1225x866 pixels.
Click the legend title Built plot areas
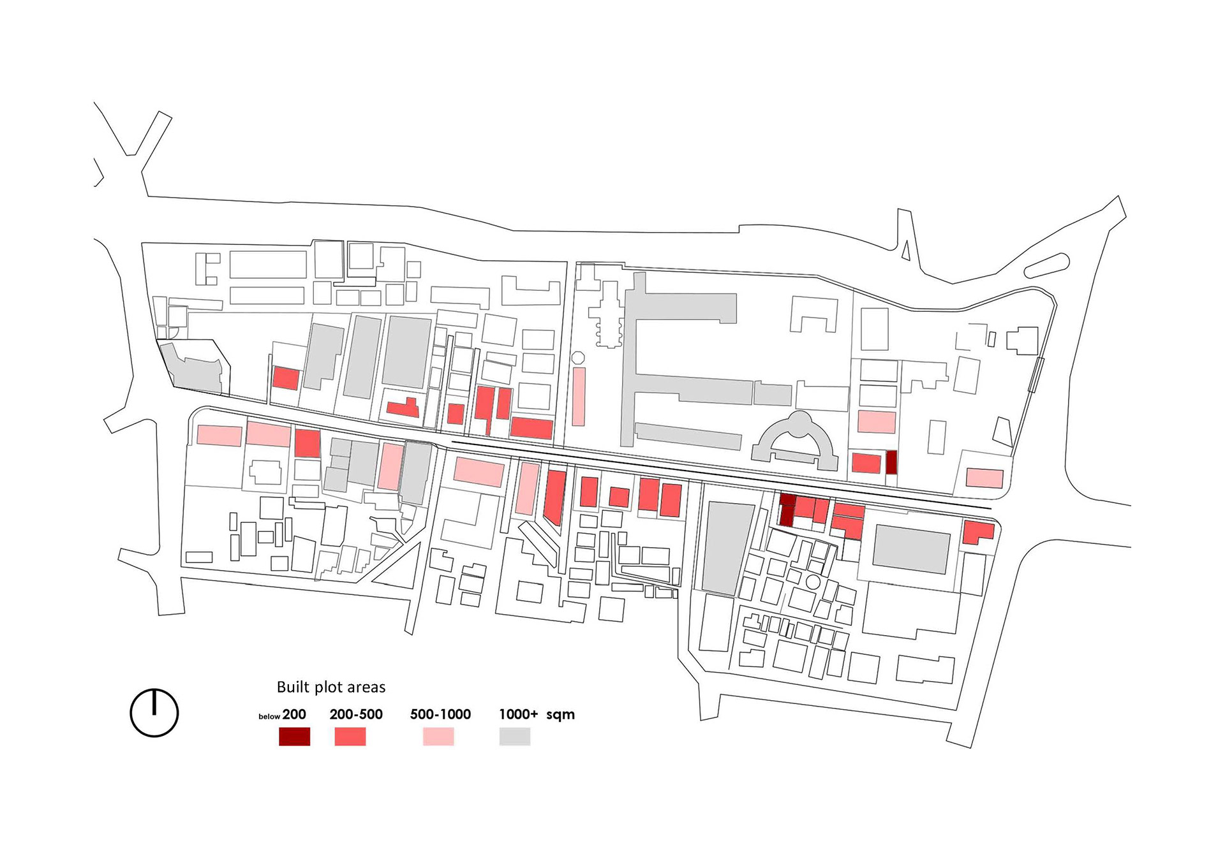pyautogui.click(x=330, y=687)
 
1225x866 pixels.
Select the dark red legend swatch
pyautogui.click(x=294, y=737)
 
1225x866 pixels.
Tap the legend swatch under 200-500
pyautogui.click(x=350, y=737)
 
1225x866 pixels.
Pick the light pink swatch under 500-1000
pyautogui.click(x=438, y=737)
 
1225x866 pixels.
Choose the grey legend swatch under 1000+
pyautogui.click(x=514, y=737)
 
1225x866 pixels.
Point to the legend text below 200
pyautogui.click(x=282, y=715)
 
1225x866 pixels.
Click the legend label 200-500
pyautogui.click(x=356, y=714)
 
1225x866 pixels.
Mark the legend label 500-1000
pyautogui.click(x=440, y=714)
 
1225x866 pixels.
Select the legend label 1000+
pyautogui.click(x=518, y=714)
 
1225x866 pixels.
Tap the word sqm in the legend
pyautogui.click(x=560, y=715)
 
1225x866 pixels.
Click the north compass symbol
pyautogui.click(x=154, y=713)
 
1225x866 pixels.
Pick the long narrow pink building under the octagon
pyautogui.click(x=579, y=396)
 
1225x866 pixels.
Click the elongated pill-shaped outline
pyautogui.click(x=1046, y=265)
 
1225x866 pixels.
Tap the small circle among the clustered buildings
pyautogui.click(x=812, y=582)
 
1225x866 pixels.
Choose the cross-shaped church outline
pyautogui.click(x=608, y=316)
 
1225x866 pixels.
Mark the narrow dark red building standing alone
pyautogui.click(x=891, y=462)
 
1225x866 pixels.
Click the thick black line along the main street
pyautogui.click(x=721, y=474)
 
